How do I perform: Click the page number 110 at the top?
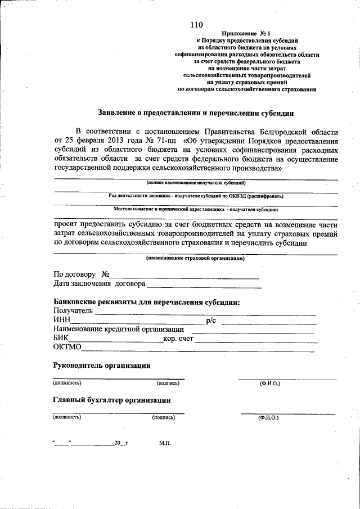[x=196, y=24]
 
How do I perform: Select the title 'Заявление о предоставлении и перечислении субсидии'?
[x=196, y=112]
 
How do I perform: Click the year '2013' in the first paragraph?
[x=112, y=141]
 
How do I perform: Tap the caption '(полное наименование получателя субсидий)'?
[x=196, y=183]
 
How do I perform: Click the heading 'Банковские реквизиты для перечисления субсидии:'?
[x=147, y=302]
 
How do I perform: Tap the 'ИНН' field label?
[x=61, y=320]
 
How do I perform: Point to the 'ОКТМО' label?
[x=67, y=348]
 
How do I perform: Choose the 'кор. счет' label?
[x=178, y=339]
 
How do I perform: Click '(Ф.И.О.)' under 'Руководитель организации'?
[x=269, y=383]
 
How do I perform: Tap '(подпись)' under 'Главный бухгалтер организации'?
[x=163, y=418]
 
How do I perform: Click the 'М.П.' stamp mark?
[x=165, y=443]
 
